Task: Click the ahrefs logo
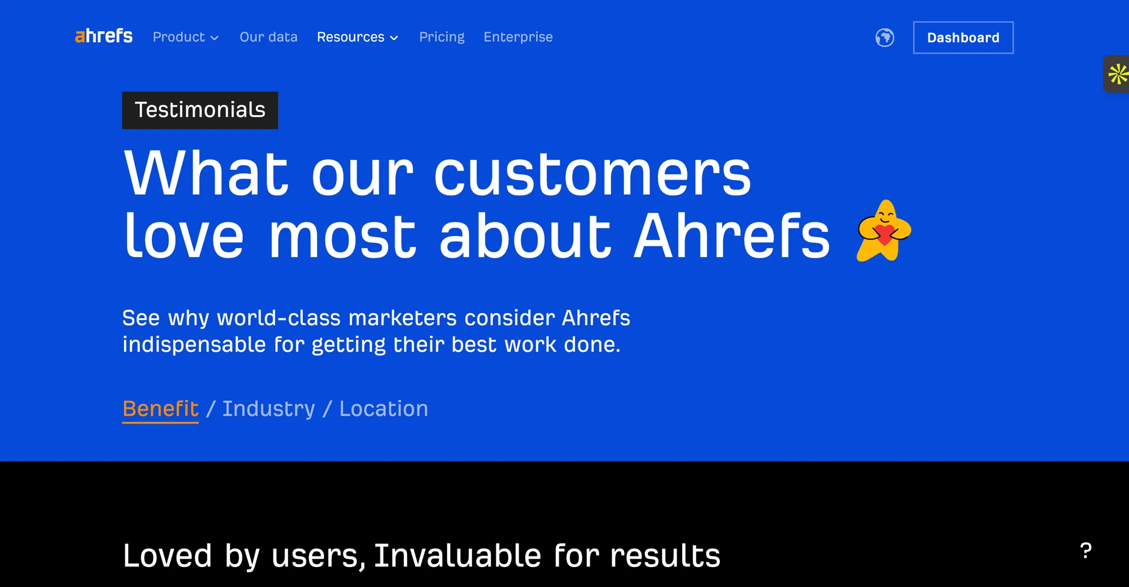coord(103,36)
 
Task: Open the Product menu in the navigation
coord(185,37)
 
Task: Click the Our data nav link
coord(268,37)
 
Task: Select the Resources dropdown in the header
coord(357,37)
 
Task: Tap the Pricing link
coord(442,37)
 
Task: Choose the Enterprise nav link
coord(518,37)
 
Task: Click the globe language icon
coord(884,38)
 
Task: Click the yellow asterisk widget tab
coord(1117,74)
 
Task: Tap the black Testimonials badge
coord(200,110)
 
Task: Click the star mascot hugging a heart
coord(883,231)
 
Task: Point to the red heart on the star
coord(884,235)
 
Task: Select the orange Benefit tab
coord(160,409)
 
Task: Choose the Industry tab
coord(269,409)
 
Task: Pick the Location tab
coord(383,409)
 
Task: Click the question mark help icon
coord(1085,551)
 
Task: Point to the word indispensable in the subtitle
coord(194,345)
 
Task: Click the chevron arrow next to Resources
coord(394,38)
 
